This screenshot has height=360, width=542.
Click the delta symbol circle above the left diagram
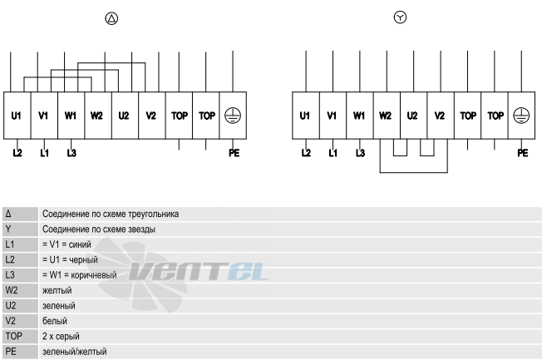coord(111,18)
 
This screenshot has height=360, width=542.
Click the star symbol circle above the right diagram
coord(400,17)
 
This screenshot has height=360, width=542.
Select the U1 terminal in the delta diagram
coord(17,116)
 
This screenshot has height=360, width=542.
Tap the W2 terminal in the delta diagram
coord(98,116)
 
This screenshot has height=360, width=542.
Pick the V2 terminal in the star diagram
coord(441,116)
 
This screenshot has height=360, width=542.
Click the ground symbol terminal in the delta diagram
coord(233,116)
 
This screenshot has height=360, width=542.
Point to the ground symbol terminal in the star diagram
coord(521,116)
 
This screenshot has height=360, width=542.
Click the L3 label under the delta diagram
coord(71,153)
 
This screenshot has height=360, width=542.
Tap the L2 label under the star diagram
coord(306,153)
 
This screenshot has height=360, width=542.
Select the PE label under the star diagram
coord(523,153)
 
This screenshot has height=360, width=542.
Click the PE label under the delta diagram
coord(234,153)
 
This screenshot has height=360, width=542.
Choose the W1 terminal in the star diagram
coord(359,116)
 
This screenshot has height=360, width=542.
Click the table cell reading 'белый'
coord(55,321)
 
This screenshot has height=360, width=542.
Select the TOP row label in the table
coord(14,336)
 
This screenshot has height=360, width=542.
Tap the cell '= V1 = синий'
coord(67,244)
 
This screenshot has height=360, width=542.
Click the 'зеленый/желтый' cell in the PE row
coord(74,352)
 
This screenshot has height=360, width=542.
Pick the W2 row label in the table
coord(12,290)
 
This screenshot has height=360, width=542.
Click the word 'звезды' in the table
coord(141,229)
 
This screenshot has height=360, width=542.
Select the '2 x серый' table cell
coord(61,336)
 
